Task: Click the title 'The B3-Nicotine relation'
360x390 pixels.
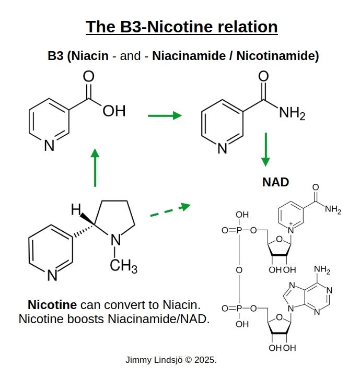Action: click(181, 27)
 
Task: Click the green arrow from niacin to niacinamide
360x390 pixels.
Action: click(165, 115)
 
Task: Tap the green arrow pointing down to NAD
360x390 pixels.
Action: click(266, 149)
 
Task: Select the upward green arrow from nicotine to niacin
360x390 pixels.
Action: click(95, 167)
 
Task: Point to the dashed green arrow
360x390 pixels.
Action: click(170, 210)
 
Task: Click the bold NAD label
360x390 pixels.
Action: click(275, 182)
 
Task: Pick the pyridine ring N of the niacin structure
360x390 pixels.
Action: click(49, 146)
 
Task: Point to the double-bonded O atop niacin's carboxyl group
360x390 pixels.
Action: click(89, 77)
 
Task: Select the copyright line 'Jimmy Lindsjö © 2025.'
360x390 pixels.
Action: click(171, 360)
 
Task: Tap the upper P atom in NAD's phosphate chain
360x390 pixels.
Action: click(238, 230)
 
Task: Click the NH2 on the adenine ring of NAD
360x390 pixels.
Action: click(322, 270)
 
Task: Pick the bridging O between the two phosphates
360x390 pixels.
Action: click(239, 270)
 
